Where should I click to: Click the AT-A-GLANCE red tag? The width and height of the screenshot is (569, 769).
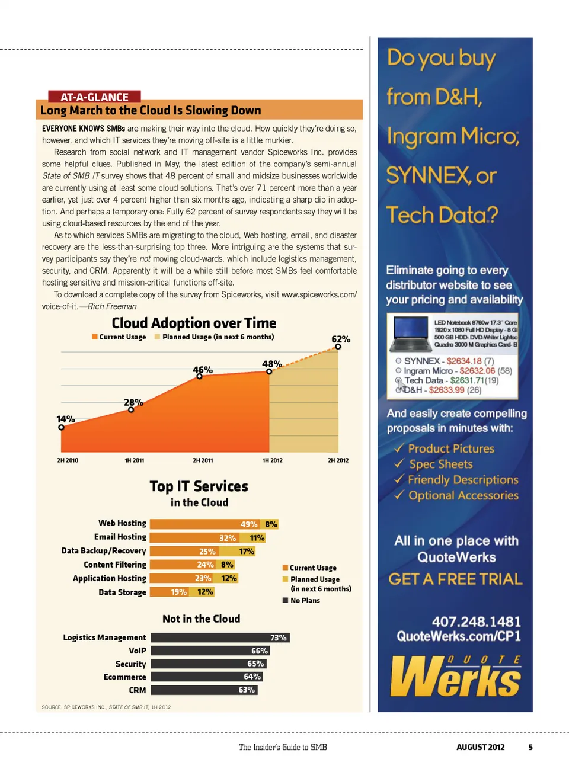click(95, 97)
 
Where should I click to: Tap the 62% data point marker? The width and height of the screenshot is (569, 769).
click(338, 347)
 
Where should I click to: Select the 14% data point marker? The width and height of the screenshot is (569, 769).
click(61, 427)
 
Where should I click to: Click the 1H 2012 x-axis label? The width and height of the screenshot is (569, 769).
click(272, 460)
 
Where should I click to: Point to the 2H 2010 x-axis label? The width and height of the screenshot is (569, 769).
click(68, 460)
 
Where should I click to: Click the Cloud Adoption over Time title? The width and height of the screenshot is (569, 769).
click(194, 323)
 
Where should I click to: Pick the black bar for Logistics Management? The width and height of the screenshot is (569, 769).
click(220, 637)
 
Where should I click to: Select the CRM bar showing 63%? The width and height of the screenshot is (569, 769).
click(204, 690)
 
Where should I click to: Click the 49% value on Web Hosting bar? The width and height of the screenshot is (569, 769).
click(248, 524)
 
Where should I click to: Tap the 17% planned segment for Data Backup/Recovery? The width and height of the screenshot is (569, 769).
click(247, 552)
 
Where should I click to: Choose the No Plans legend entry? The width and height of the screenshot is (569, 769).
click(305, 600)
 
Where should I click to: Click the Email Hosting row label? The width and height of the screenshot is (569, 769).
click(120, 537)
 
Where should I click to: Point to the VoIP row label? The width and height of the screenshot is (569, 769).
click(137, 651)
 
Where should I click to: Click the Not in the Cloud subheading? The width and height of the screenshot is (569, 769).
click(202, 619)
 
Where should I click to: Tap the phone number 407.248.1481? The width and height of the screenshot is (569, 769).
click(476, 621)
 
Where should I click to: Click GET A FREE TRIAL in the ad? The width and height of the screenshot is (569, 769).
click(455, 579)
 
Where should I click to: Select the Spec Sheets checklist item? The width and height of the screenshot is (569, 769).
click(440, 464)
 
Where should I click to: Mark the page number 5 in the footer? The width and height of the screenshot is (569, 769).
click(530, 747)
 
